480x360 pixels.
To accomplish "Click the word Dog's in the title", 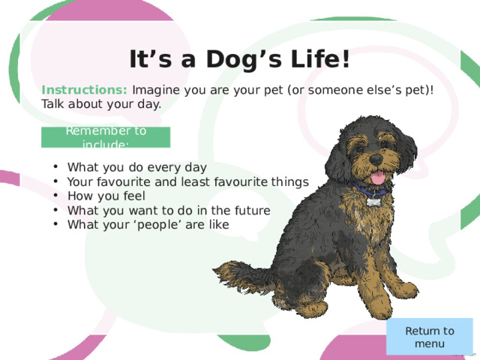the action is [244, 59].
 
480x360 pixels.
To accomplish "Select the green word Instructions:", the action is [84, 90].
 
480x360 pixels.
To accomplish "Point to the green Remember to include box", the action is [106, 137].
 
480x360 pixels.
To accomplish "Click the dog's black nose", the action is [376, 159].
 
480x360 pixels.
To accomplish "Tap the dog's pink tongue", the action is [378, 178].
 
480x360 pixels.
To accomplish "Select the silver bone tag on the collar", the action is [373, 202].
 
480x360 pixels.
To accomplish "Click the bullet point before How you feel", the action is [55, 196].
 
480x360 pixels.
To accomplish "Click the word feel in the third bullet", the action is [134, 196].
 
